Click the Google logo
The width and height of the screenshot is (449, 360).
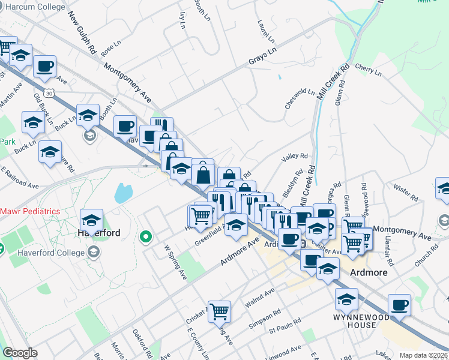[x=20, y=353]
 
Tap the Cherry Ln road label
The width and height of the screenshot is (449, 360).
[x=369, y=70]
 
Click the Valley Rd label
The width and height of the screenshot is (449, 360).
[x=294, y=157]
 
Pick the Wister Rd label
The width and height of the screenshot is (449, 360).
[x=406, y=193]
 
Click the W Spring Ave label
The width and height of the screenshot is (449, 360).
[x=176, y=262]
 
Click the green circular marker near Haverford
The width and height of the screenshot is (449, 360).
[x=144, y=238]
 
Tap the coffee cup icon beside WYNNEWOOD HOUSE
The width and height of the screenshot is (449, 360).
[x=399, y=304]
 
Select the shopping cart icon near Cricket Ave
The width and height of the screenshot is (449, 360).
[x=220, y=311]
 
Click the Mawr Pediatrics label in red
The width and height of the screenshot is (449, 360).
[x=30, y=211]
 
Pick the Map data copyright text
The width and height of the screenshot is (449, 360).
[x=423, y=355]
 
